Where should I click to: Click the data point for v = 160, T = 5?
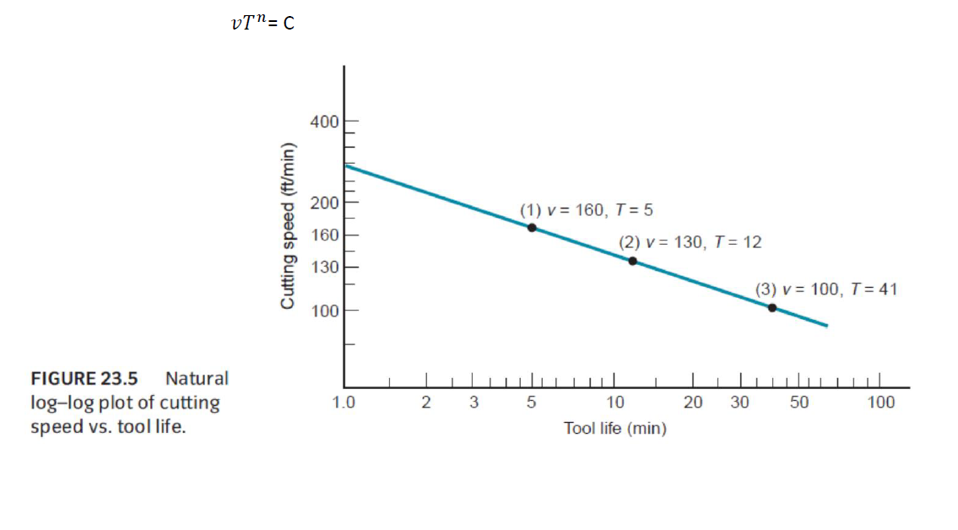point(532,228)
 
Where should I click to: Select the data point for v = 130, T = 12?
point(632,261)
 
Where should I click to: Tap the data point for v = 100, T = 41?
point(772,307)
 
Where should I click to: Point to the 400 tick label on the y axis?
point(324,122)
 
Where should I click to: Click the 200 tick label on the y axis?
point(324,203)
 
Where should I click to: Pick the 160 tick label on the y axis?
point(324,235)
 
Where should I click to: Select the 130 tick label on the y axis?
point(324,268)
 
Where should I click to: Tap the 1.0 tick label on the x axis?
point(344,403)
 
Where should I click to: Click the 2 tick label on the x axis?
point(426,403)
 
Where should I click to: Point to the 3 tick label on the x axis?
point(474,403)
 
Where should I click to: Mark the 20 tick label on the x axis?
point(693,403)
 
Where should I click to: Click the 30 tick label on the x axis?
point(739,403)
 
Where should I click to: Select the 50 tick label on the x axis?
point(799,403)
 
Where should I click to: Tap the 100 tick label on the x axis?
point(881,403)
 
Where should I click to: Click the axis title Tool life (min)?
point(615,429)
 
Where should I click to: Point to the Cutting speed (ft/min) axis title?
point(288,225)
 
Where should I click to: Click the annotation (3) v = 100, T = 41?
point(826,289)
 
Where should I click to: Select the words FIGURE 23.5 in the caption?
point(84,378)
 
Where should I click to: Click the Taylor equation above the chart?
point(263,23)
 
